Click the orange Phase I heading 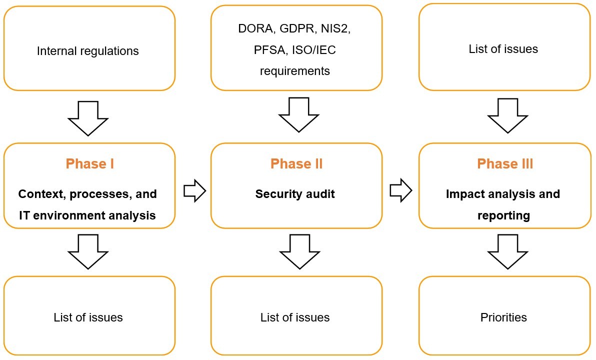coord(89,164)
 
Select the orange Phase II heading coord(296,164)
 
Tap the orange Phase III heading coord(504,164)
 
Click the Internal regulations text coord(88,50)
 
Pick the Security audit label coord(295,194)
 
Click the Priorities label coord(503,317)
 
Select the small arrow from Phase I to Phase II coord(194,190)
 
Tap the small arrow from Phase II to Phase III coord(400,190)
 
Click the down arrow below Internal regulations coord(88,117)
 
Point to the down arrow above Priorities coord(507,251)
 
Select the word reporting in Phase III coord(503,215)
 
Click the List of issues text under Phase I coord(88,317)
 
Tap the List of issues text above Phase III coord(503,49)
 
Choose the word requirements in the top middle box coord(295,71)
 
